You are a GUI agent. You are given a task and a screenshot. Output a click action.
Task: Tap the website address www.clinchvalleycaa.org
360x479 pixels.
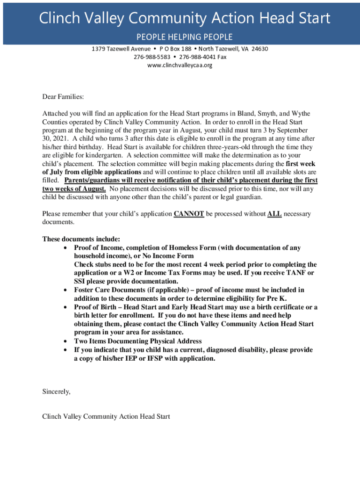coord(180,65)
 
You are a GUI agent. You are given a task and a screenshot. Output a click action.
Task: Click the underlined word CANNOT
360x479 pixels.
coord(188,214)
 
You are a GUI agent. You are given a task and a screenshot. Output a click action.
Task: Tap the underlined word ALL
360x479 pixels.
coord(274,214)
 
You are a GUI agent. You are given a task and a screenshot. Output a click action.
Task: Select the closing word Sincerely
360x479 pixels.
coord(56,392)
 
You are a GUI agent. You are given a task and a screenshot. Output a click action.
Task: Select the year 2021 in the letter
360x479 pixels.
coord(61,139)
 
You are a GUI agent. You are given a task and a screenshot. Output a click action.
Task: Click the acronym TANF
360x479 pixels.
coord(295,273)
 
